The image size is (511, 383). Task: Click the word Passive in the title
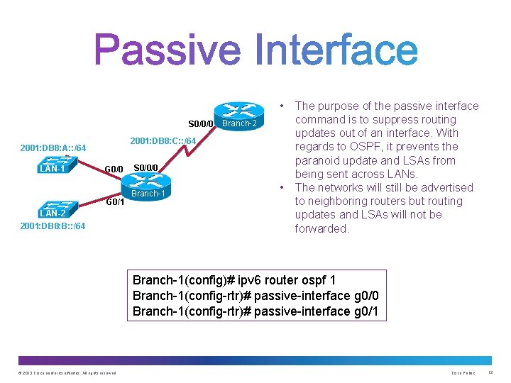point(167,51)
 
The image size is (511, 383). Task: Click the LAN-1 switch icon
point(53,165)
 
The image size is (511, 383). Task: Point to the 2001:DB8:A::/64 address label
point(53,148)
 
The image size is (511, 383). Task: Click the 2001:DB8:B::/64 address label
point(53,226)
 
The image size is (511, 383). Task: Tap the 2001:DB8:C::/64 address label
point(162,140)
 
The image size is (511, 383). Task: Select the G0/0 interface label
point(114,169)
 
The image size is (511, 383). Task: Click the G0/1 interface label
point(115,201)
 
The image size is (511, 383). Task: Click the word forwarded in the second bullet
point(322,228)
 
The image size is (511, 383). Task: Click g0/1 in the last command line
point(366,311)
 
